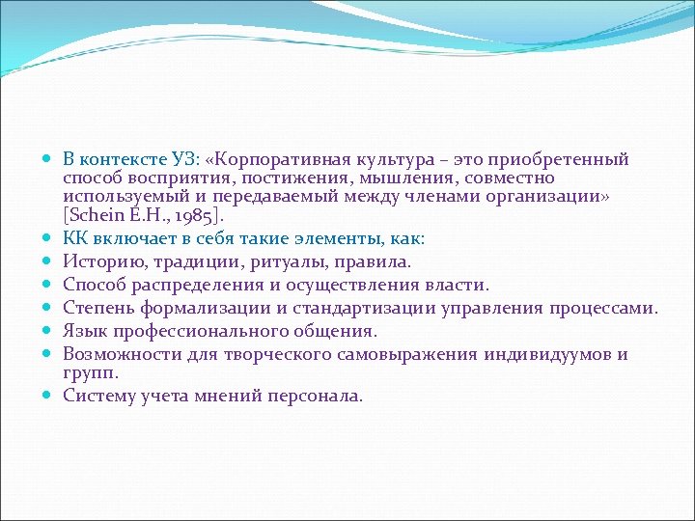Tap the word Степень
(x=100, y=308)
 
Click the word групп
(x=89, y=371)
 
